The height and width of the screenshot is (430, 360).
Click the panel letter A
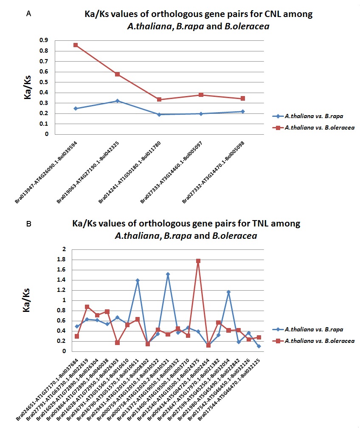28,14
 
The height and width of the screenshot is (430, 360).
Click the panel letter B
28,224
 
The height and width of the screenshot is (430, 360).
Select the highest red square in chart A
76,45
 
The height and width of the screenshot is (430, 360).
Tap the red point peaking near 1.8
198,261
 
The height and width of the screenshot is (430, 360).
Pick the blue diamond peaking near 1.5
168,274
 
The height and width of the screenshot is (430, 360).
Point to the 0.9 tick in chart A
44,40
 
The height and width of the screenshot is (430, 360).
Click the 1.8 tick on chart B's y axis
61,259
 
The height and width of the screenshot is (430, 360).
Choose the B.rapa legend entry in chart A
308,116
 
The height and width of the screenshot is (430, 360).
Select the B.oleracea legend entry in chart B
313,341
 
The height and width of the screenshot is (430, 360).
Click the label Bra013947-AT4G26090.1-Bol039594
46,173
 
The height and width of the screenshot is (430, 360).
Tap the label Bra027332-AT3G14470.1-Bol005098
213,173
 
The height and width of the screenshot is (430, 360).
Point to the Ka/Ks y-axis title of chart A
28,87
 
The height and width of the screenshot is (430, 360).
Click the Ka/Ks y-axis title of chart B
26,300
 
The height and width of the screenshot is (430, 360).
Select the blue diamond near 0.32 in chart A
118,101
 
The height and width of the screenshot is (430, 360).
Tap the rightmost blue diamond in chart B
259,346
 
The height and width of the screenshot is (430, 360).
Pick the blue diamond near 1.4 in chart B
138,280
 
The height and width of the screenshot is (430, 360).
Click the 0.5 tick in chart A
44,82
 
